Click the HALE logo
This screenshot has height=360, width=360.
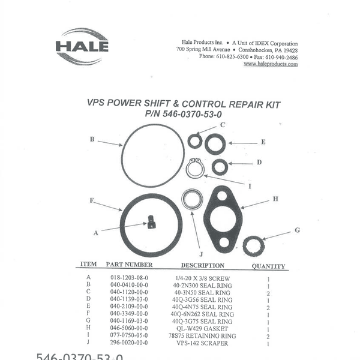[x=82, y=46]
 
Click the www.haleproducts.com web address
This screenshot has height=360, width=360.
[x=270, y=64]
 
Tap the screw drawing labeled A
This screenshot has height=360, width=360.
[x=151, y=223]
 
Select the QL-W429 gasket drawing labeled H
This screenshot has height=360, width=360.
[x=223, y=219]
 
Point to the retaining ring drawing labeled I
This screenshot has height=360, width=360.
[x=194, y=168]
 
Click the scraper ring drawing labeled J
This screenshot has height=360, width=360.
[x=193, y=199]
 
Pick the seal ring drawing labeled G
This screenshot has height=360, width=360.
[x=254, y=245]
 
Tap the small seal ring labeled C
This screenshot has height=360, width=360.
[x=194, y=142]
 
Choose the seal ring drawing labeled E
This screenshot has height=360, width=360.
[x=215, y=144]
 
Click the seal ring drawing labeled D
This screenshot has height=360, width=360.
[x=220, y=167]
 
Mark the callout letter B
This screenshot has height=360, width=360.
[x=92, y=139]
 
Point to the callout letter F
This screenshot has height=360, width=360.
[x=92, y=200]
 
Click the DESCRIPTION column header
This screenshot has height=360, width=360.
[x=203, y=265]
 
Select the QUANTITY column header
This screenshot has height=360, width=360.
[x=268, y=266]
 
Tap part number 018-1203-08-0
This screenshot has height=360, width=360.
[x=129, y=278]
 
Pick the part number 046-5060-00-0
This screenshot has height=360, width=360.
[x=129, y=328]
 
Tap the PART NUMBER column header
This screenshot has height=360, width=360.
[x=129, y=265]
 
